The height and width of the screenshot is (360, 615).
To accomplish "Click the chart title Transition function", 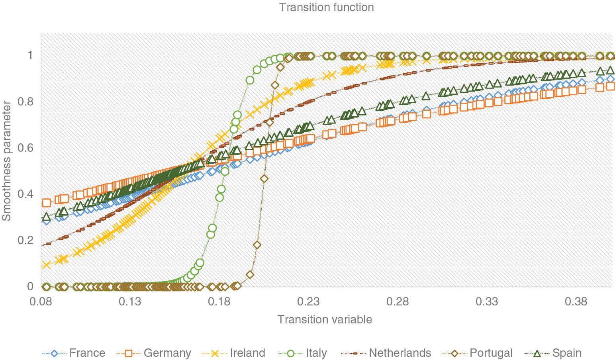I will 326,8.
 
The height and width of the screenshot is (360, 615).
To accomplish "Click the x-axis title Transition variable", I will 325,319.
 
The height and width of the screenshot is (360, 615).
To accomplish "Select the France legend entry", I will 87,353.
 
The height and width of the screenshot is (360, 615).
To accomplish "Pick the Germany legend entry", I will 167,353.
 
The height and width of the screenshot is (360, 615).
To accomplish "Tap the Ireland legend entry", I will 247,353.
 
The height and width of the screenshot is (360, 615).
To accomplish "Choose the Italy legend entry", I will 316,353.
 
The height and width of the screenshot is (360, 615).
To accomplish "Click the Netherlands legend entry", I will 400,353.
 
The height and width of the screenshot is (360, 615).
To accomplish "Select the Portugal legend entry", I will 491,353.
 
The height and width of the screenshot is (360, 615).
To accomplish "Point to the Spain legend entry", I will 567,353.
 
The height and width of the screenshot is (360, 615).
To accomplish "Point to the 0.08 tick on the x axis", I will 41,301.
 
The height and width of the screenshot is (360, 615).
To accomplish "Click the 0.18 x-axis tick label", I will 220,301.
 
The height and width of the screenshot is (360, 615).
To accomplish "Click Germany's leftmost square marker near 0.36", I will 47,203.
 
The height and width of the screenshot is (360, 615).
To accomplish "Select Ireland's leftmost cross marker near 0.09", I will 47,265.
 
